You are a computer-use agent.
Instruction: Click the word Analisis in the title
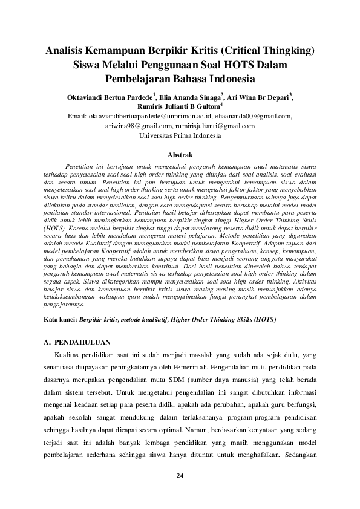pyautogui.click(x=67, y=50)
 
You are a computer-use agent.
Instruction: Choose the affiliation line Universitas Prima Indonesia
pyautogui.click(x=180, y=135)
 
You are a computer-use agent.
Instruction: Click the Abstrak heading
pyautogui.click(x=180, y=155)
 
